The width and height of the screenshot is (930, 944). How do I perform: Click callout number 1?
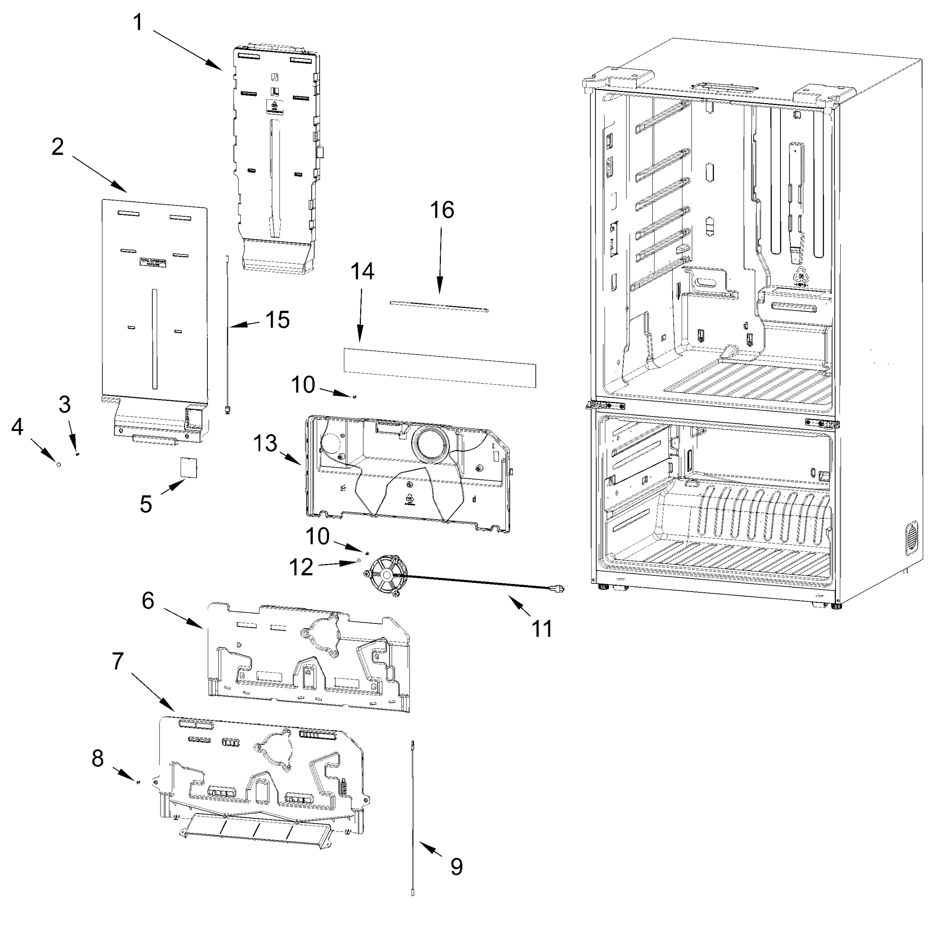(138, 22)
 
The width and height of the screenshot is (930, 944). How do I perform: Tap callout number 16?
(442, 210)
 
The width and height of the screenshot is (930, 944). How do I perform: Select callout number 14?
(362, 271)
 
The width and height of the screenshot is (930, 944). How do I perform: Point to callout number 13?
(265, 444)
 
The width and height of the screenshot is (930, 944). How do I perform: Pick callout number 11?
(541, 629)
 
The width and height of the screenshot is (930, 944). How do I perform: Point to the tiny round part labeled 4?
(59, 465)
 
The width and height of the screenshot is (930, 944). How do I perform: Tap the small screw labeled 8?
(138, 782)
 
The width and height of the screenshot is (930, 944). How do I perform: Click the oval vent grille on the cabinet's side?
(911, 538)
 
